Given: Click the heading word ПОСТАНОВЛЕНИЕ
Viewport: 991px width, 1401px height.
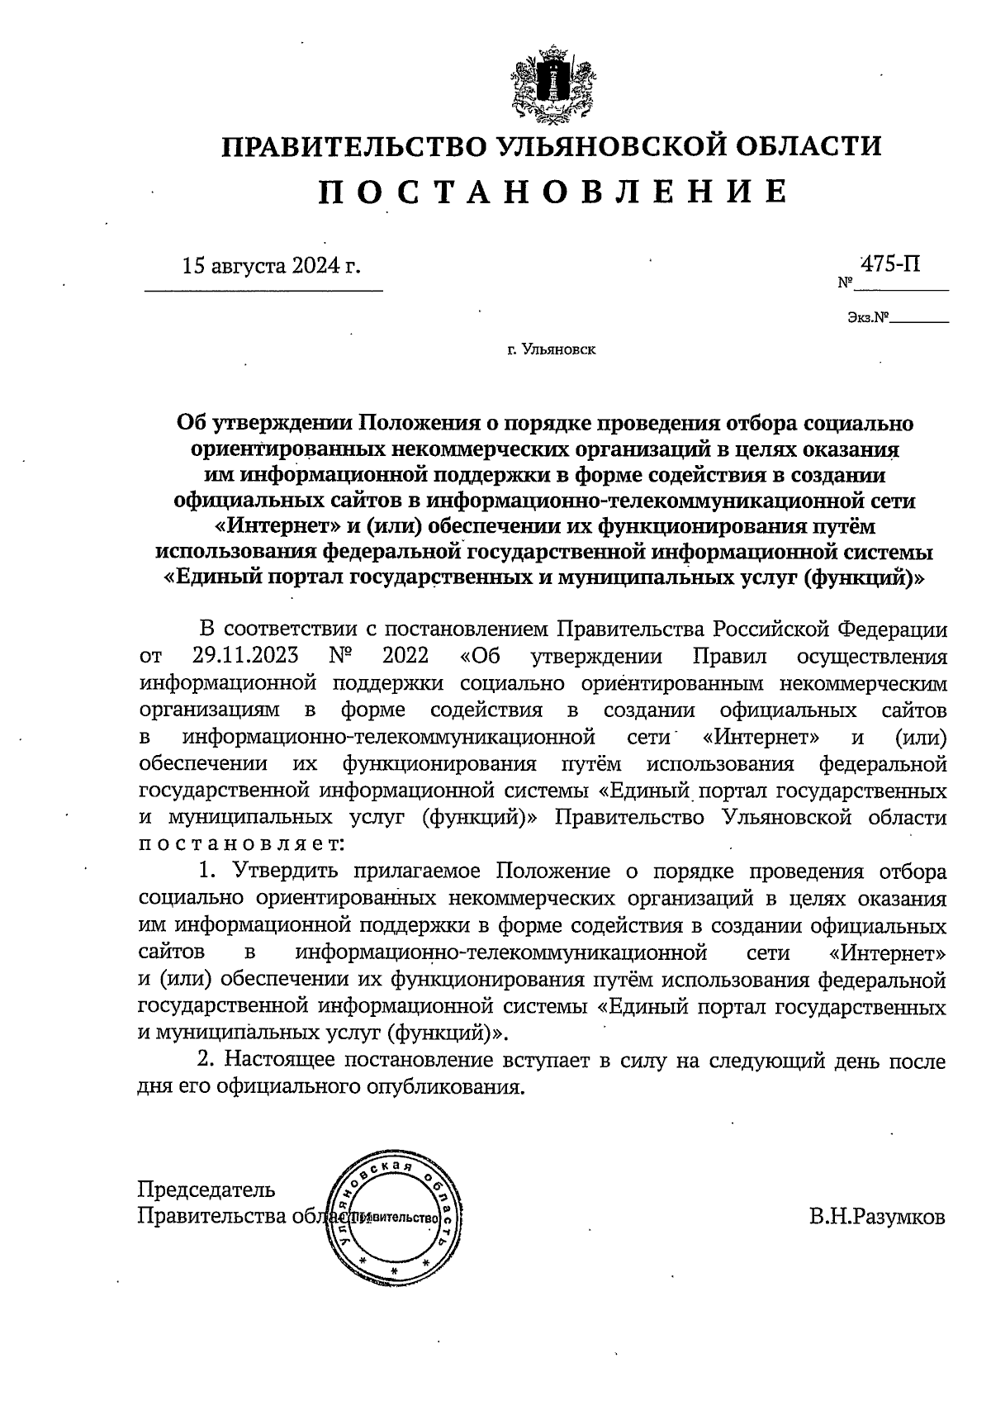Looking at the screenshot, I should (552, 192).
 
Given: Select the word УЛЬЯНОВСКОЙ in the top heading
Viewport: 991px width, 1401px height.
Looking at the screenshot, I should (598, 145).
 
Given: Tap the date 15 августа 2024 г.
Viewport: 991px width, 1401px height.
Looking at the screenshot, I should (272, 266).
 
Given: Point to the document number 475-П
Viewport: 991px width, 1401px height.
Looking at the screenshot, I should (891, 264).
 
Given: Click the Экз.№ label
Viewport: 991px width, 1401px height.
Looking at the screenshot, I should (866, 316).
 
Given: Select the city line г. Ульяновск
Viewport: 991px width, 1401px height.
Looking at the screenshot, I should (551, 350).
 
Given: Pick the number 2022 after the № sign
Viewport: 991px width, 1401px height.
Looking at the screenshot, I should (406, 656).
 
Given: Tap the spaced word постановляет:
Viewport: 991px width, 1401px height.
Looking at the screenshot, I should (238, 844).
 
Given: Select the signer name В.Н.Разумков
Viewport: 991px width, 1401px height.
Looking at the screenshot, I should (877, 1217).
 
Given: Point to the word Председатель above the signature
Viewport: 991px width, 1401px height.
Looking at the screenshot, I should (206, 1190).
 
